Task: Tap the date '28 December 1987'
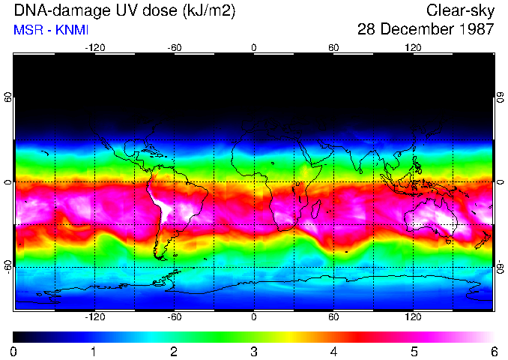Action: [426, 30]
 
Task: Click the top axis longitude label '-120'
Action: [94, 48]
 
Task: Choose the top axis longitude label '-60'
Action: [175, 48]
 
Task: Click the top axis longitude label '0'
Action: [254, 48]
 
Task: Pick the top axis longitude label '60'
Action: [333, 48]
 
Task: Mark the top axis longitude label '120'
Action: [413, 48]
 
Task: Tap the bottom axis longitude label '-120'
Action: [94, 316]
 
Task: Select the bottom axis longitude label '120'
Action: [413, 316]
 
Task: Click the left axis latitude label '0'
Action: [8, 182]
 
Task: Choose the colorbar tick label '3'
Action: [254, 351]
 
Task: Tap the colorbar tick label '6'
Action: [494, 351]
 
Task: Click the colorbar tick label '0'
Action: [14, 351]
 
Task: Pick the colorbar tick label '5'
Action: [414, 351]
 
